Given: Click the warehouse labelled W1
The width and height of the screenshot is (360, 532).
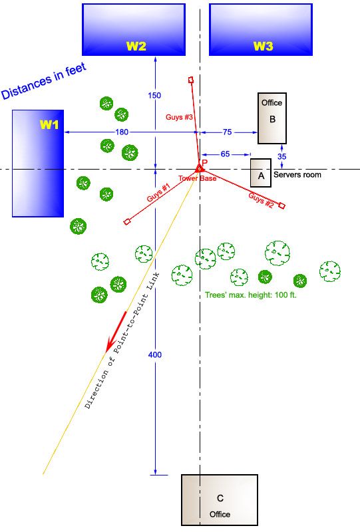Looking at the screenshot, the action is [x=38, y=163].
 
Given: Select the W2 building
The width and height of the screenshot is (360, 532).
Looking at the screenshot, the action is [x=134, y=29].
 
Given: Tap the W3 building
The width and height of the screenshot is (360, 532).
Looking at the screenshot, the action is [x=261, y=29].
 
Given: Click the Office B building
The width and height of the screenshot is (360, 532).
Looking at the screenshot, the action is [x=272, y=118].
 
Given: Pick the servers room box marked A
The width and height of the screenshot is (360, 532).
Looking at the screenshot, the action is [x=261, y=173].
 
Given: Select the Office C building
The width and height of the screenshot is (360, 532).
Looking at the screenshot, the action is [x=220, y=500].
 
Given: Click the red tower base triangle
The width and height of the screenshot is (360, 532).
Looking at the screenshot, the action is [x=200, y=168].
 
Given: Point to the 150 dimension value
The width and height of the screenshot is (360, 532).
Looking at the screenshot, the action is [x=154, y=96].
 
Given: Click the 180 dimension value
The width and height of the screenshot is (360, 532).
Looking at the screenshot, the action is [x=122, y=132].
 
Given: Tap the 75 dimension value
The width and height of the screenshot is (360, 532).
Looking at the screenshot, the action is [x=227, y=132].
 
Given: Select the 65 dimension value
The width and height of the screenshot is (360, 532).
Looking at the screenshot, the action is [x=225, y=154].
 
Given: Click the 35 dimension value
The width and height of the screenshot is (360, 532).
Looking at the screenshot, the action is [x=282, y=156].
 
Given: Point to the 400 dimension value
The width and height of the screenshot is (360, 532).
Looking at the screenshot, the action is [x=155, y=355].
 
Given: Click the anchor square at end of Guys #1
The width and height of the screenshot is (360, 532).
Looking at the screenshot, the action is [x=127, y=221].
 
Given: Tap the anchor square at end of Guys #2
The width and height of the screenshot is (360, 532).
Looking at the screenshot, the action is [x=282, y=205].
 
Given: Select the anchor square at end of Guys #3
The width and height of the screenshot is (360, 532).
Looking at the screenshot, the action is [x=191, y=80].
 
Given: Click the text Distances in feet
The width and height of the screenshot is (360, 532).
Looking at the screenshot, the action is [x=44, y=81].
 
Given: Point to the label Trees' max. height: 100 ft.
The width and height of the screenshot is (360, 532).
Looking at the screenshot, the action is [x=251, y=295].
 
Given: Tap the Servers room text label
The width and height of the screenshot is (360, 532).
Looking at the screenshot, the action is [x=297, y=175].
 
